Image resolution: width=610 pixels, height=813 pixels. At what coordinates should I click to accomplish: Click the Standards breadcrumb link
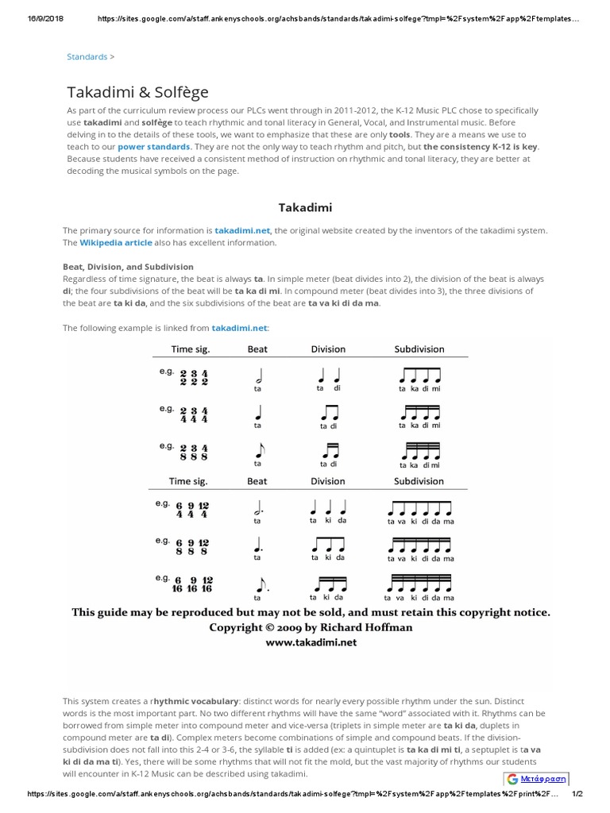pyautogui.click(x=87, y=57)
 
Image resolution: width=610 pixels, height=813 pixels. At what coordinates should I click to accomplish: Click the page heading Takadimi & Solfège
pyautogui.click(x=137, y=92)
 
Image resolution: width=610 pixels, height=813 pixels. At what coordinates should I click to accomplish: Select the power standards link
pyautogui.click(x=154, y=148)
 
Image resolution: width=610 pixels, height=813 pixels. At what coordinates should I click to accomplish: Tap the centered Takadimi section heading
pyautogui.click(x=305, y=208)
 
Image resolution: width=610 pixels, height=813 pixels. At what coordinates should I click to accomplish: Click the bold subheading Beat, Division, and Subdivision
pyautogui.click(x=128, y=267)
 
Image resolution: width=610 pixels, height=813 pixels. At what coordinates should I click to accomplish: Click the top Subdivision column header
pyautogui.click(x=419, y=349)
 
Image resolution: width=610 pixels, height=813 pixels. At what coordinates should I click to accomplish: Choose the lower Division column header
pyautogui.click(x=327, y=481)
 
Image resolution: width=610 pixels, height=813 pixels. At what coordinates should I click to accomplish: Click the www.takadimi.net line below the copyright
pyautogui.click(x=311, y=642)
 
